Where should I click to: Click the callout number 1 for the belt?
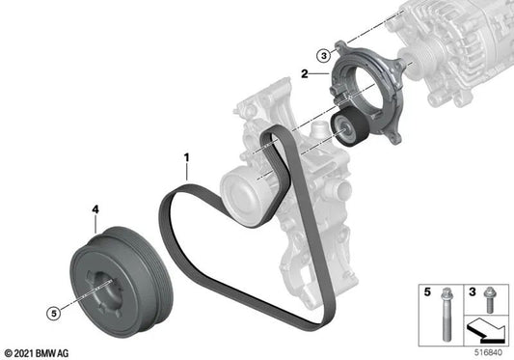tap(187, 154)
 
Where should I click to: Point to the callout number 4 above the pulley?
tap(95, 208)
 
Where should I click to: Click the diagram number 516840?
tap(491, 352)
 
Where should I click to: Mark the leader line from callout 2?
tap(319, 72)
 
